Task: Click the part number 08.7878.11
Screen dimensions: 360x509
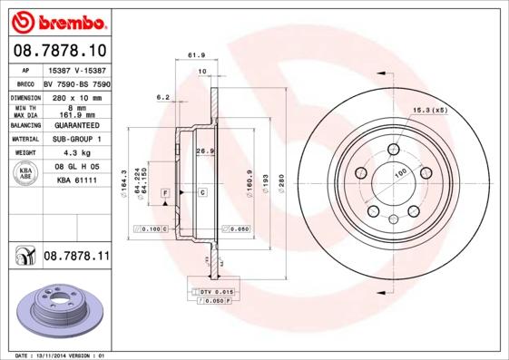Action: point(76,258)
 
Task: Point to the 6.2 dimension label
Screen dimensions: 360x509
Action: point(163,96)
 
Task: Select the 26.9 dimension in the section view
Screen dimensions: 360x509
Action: point(204,151)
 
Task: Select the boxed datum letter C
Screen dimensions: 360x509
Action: point(201,193)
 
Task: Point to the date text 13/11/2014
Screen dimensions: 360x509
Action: point(59,355)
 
